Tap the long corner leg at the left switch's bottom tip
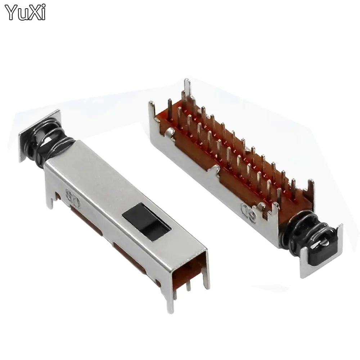169,302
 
